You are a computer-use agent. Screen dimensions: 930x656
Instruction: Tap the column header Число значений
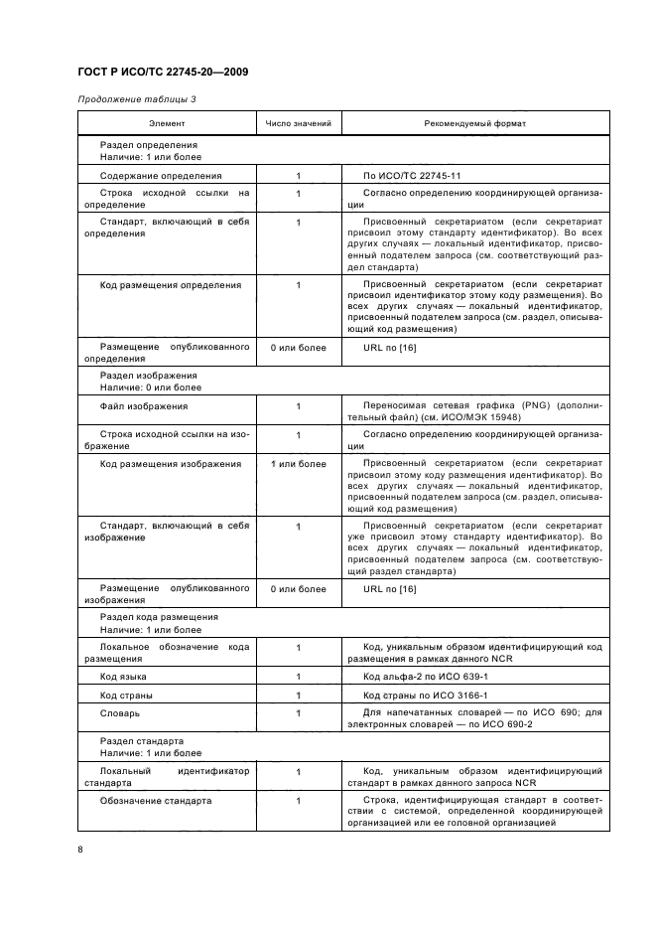click(298, 124)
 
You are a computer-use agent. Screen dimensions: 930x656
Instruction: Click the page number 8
click(80, 848)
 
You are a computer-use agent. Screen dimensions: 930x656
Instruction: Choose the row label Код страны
click(127, 695)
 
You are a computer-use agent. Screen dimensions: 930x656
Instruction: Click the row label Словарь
click(120, 712)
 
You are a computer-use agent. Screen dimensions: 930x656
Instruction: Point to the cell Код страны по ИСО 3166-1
click(426, 695)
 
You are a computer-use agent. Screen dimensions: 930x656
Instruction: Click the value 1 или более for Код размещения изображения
click(298, 464)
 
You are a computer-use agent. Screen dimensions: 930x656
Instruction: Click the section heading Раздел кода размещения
click(159, 617)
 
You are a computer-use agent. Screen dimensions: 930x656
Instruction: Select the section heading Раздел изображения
click(149, 377)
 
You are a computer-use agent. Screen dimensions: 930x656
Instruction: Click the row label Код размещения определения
click(171, 285)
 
